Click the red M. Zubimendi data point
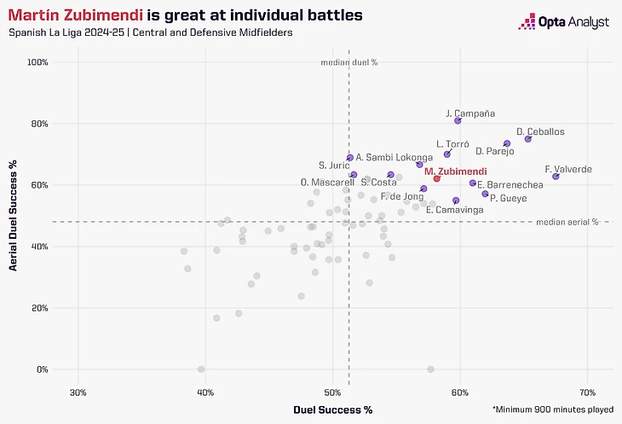tap(436, 178)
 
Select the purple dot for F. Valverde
tap(556, 177)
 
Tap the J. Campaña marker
tap(458, 121)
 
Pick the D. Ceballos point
tap(527, 139)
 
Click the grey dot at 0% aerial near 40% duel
tap(201, 369)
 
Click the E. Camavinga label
tap(455, 210)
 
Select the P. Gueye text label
tap(508, 198)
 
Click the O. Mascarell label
tap(328, 183)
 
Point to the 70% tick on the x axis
tap(587, 392)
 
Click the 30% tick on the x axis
tap(78, 392)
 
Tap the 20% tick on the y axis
tap(39, 308)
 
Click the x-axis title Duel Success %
tap(333, 410)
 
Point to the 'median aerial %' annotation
tap(567, 223)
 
